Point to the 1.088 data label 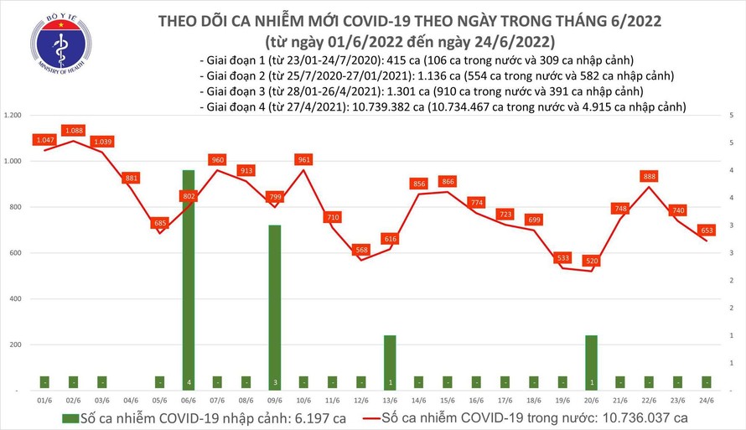tap(74, 130)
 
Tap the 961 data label tap(303, 159)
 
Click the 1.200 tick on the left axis tap(14, 115)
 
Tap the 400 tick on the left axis tap(18, 298)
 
